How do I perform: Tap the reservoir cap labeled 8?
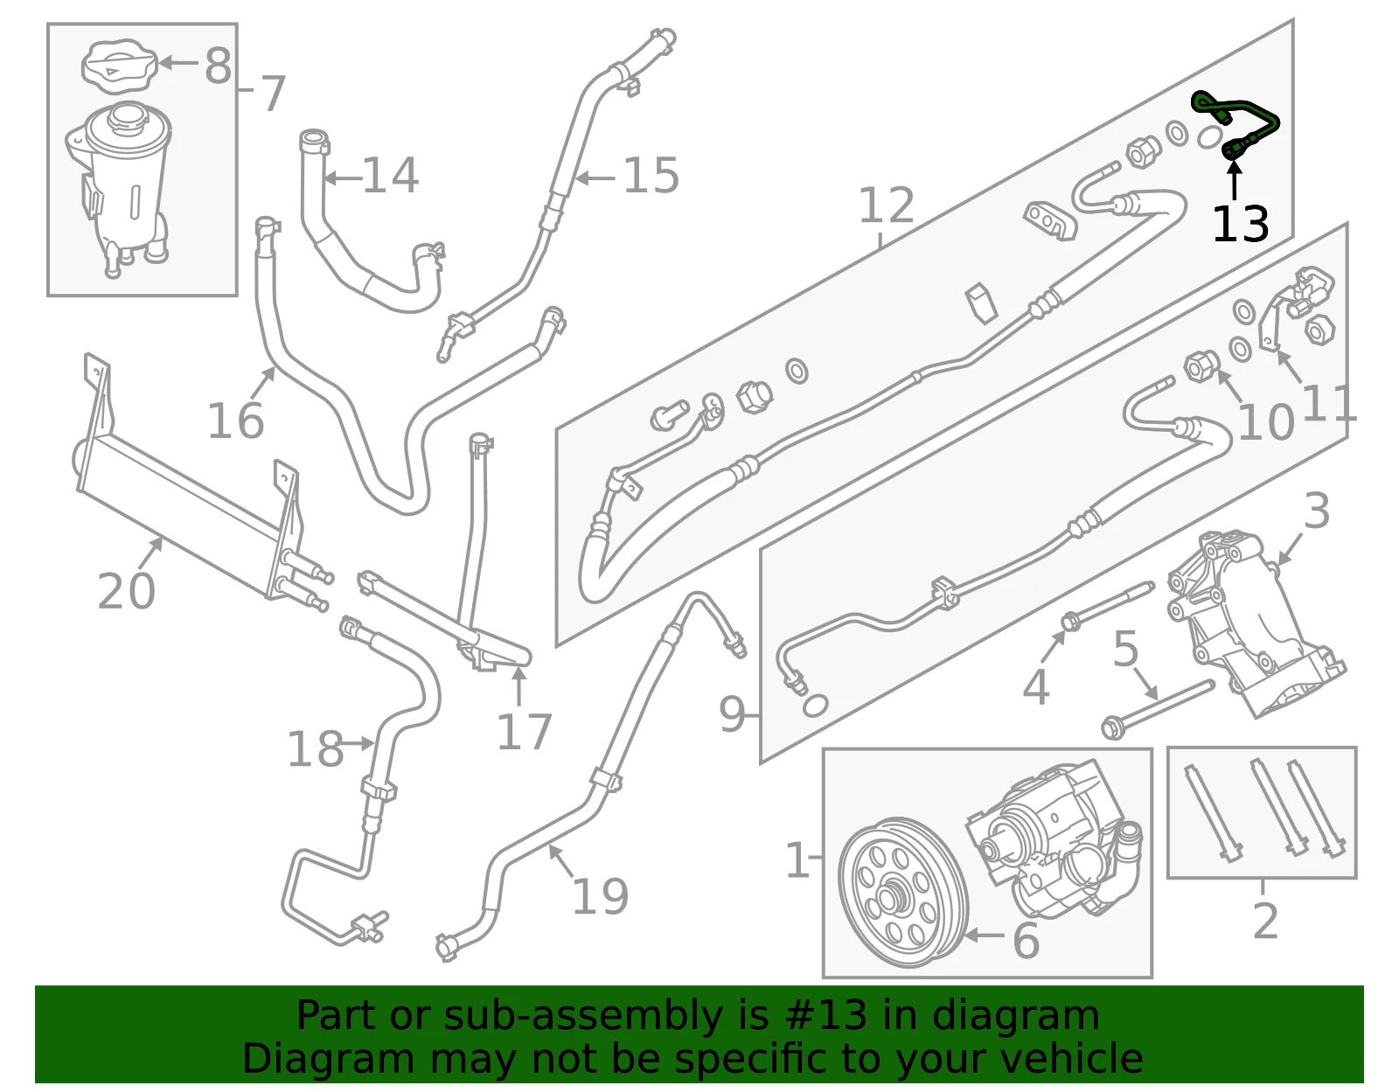[120, 66]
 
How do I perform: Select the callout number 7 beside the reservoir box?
[273, 94]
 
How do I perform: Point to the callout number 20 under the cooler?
[126, 591]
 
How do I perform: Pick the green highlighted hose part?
[1235, 124]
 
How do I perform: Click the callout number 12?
[887, 205]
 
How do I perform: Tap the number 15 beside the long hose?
[651, 175]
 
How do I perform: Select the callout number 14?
[391, 175]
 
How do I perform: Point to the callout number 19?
[600, 896]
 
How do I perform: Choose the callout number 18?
[315, 748]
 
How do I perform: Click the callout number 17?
[524, 732]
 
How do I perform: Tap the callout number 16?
[235, 421]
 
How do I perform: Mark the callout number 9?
[732, 713]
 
